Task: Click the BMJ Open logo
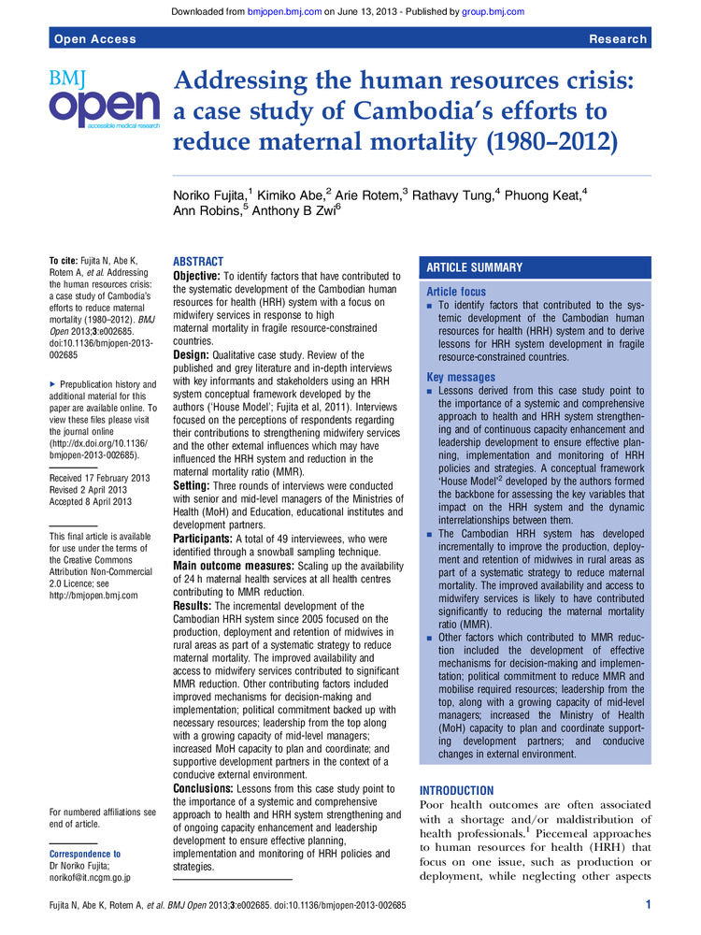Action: [104, 98]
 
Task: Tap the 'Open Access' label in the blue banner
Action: [95, 38]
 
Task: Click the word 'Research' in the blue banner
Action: [618, 38]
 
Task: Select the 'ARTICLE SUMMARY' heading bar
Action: [475, 267]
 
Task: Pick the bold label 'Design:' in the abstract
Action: [195, 355]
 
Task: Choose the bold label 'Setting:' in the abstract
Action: [197, 485]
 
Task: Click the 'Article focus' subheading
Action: [456, 292]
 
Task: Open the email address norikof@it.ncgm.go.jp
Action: [90, 877]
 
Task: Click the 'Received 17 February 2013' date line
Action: [100, 479]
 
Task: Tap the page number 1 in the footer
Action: [648, 904]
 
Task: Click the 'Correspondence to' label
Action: [85, 854]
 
